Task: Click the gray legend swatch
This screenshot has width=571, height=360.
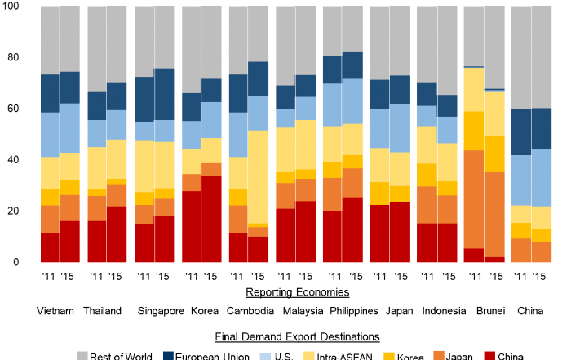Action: pos(82,355)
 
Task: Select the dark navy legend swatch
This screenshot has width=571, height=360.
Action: pos(169,355)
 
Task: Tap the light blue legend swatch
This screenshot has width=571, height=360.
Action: pos(265,355)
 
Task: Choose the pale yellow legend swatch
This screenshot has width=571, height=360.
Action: pos(309,355)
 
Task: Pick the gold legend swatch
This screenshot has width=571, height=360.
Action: pos(389,355)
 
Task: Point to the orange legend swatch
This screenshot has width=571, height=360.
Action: pos(439,354)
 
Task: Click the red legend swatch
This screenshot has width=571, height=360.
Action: pos(489,355)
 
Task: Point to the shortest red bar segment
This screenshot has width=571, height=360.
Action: pos(494,259)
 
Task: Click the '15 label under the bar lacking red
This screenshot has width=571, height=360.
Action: pos(539,276)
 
